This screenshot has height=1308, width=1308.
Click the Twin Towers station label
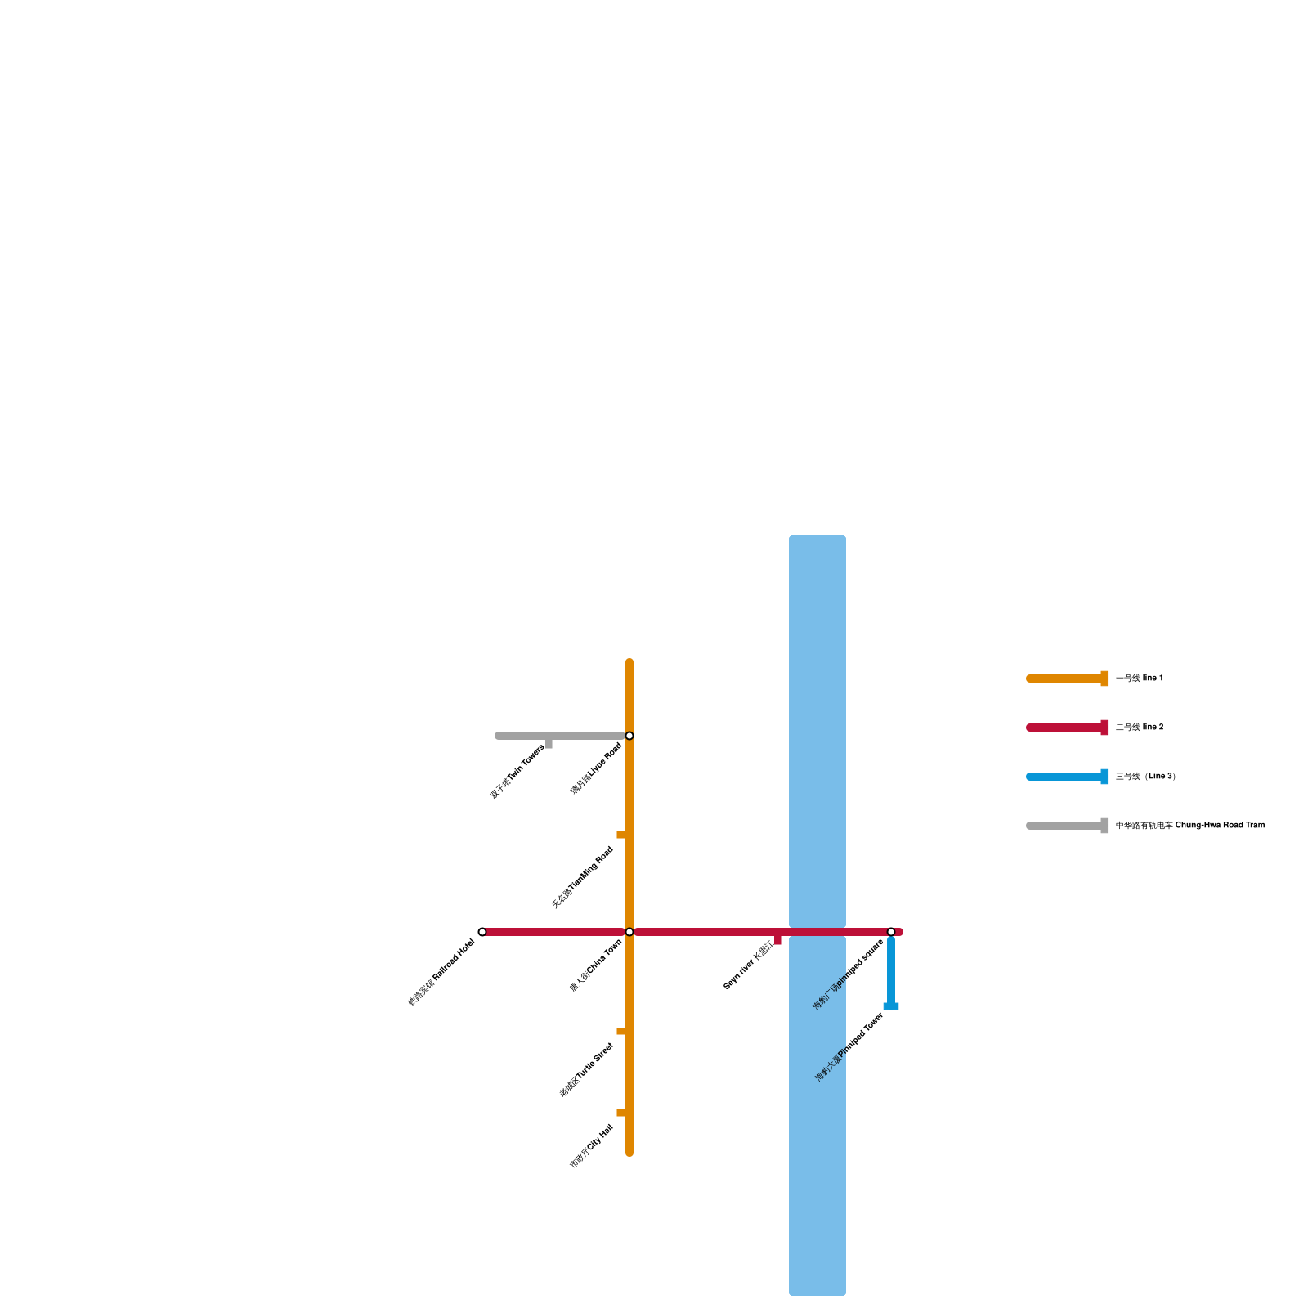pos(517,772)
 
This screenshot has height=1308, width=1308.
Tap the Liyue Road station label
pos(597,768)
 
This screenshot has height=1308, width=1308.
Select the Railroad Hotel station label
pos(441,972)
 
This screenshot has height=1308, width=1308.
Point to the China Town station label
pos(596,965)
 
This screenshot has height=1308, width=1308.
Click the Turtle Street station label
pos(586,1070)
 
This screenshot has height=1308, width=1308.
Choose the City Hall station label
pos(591,1146)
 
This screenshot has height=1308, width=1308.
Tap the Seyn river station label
pos(748,965)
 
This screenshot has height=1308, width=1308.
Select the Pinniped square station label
pos(849,974)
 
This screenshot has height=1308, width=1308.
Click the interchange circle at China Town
pos(629,932)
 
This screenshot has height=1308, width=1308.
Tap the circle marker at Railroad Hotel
pos(482,932)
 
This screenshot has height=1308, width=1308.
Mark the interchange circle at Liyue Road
pos(629,736)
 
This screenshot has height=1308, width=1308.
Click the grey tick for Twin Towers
pos(549,743)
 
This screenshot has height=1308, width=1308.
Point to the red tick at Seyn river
pos(777,940)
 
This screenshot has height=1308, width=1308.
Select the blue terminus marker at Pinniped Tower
pos(891,1006)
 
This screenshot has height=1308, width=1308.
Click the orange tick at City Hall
pos(621,1113)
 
